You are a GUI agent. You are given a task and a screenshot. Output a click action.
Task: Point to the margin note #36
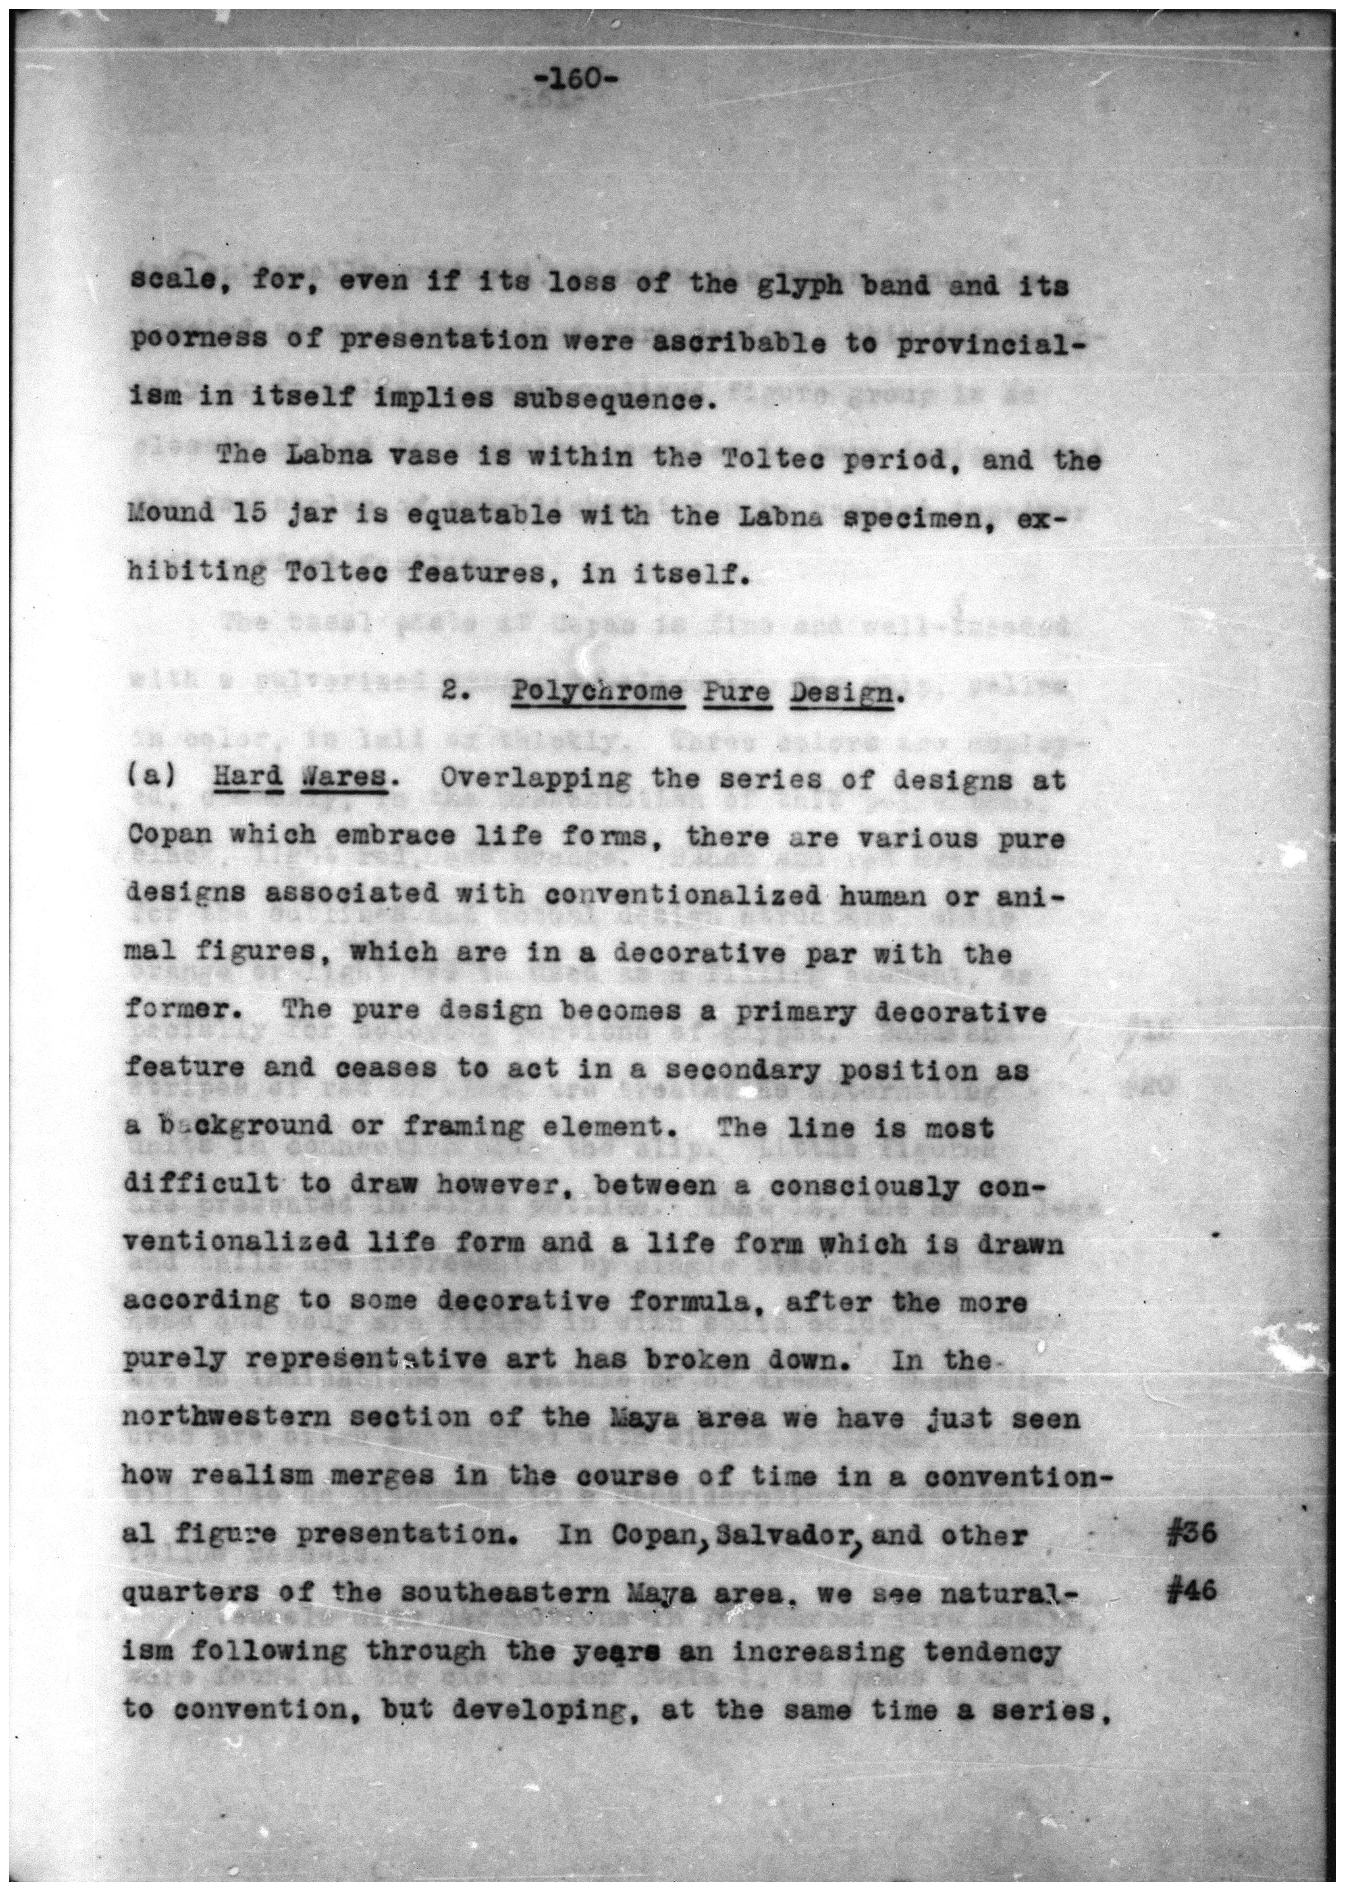1190,1534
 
